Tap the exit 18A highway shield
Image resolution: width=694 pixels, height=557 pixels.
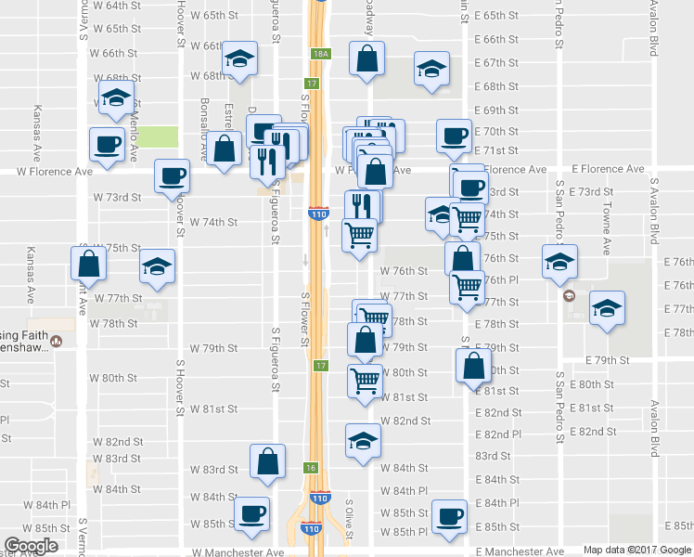[320, 55]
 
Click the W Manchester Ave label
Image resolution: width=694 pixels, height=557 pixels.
[238, 551]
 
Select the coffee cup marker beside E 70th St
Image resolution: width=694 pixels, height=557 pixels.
[456, 136]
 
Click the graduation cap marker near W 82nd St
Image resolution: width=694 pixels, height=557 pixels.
[363, 439]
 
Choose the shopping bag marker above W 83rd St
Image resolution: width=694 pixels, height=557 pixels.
[268, 461]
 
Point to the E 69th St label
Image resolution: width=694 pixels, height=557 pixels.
[495, 110]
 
